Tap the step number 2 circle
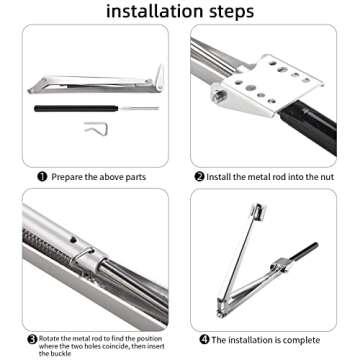[199, 175]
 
